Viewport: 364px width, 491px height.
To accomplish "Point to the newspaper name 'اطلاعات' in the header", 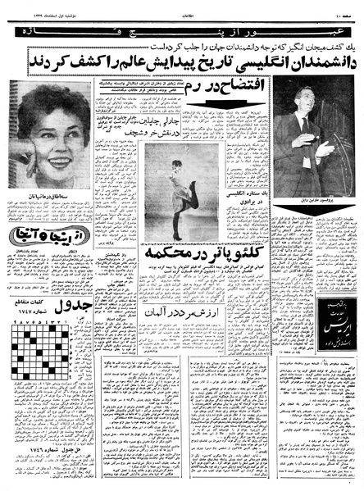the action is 183,8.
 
